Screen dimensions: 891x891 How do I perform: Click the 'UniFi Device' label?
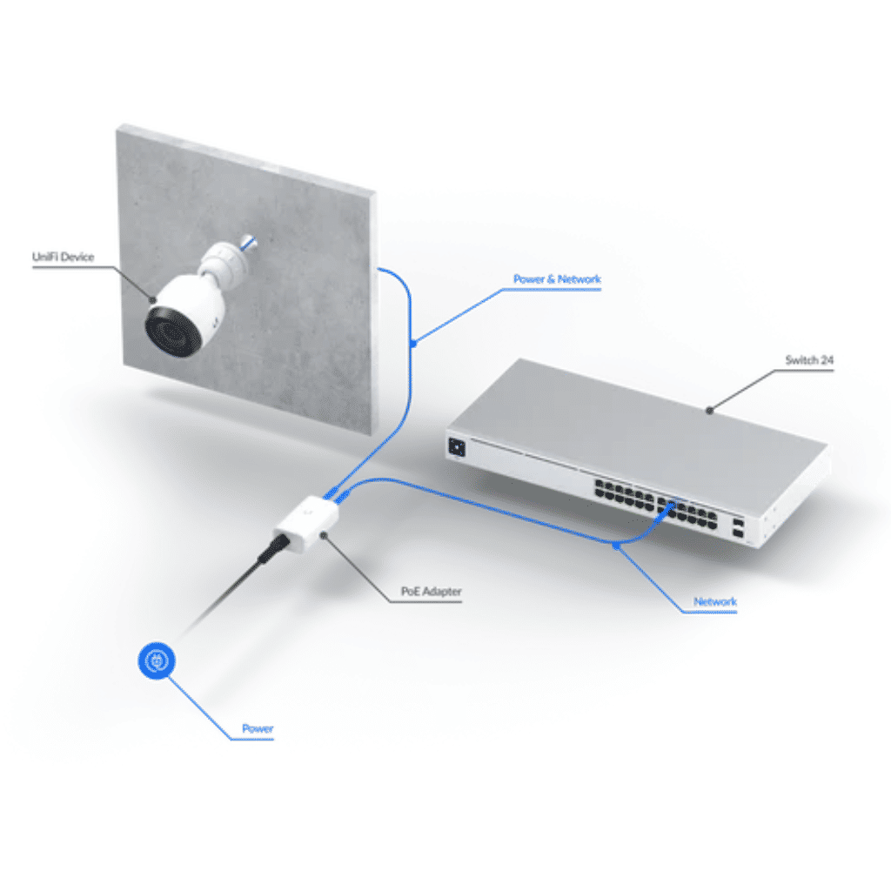[x=62, y=257]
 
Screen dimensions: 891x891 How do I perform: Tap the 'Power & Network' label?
[x=557, y=279]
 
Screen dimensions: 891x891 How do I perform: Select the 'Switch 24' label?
[x=808, y=360]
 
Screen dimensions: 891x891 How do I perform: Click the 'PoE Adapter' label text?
[x=431, y=592]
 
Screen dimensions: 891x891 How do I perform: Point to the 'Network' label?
[x=714, y=601]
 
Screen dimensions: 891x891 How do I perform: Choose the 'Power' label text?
[x=258, y=728]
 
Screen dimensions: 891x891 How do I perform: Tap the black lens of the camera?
[x=170, y=332]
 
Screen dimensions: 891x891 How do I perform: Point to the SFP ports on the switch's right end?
[x=738, y=529]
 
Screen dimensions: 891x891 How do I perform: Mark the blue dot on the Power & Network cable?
[x=413, y=343]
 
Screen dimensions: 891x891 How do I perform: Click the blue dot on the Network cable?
[x=615, y=546]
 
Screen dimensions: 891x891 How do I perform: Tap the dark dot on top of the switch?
[x=710, y=409]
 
